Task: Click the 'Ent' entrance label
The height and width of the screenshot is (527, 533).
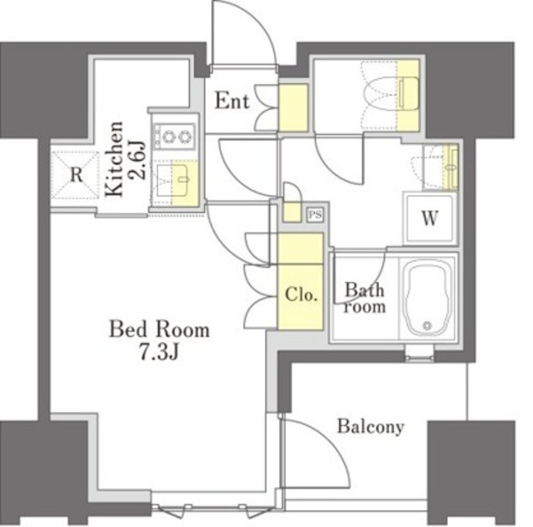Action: pos(232,101)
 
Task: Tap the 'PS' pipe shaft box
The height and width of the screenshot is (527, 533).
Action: pos(315,215)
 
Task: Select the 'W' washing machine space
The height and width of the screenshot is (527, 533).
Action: pos(430,218)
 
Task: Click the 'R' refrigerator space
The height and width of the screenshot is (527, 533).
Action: pos(75,176)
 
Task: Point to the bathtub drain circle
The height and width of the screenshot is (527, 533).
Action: pos(427,325)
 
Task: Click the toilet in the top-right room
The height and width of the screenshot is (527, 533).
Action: pos(391,93)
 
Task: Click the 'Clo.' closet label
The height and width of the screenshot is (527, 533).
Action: pos(301,295)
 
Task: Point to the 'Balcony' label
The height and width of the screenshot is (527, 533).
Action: pos(371,427)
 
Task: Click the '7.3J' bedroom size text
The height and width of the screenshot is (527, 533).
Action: pos(159,352)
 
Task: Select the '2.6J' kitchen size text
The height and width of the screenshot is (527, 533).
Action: pos(137,160)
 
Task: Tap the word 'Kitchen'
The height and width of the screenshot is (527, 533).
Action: pos(114,158)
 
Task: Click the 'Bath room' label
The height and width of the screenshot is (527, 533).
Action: pos(365,299)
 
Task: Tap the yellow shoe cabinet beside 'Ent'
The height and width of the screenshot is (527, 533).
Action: pos(293,108)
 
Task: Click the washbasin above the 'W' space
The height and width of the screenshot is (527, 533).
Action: pos(441,167)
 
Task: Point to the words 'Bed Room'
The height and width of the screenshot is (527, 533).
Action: pos(159,329)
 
